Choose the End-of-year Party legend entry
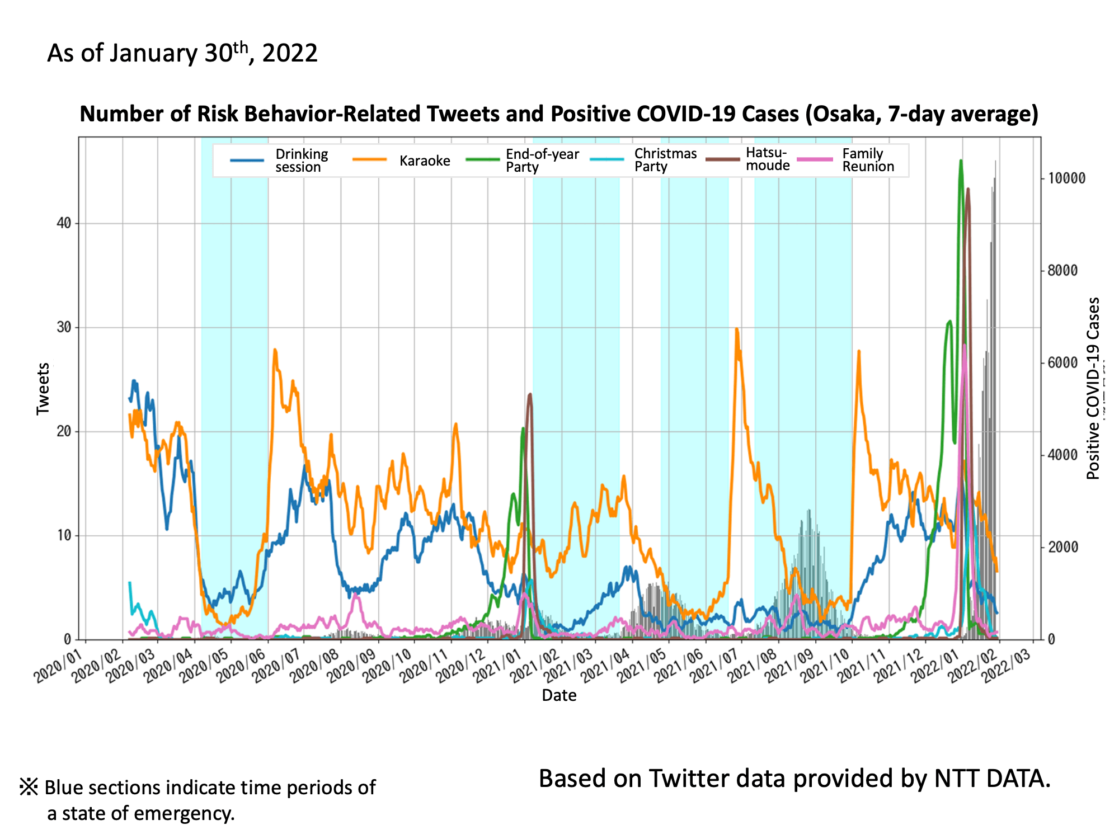(542, 161)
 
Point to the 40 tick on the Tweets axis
(64, 224)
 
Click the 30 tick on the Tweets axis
(64, 328)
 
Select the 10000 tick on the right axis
(1066, 179)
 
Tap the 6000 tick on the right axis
(1062, 363)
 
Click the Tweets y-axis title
(43, 389)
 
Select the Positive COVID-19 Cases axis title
(1093, 389)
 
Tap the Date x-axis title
(559, 695)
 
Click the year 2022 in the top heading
(290, 54)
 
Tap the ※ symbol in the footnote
(29, 787)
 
